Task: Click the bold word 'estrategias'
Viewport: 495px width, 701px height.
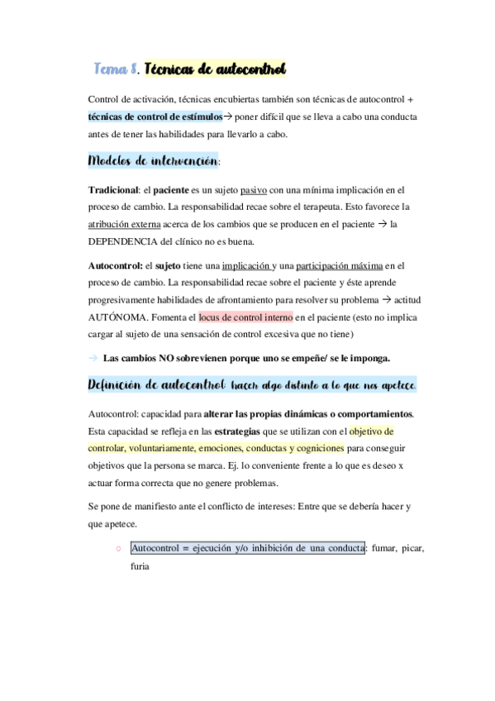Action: pyautogui.click(x=237, y=431)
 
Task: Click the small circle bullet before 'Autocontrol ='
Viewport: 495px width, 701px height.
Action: pyautogui.click(x=119, y=549)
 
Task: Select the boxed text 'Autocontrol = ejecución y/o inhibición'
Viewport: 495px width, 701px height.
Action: pyautogui.click(x=248, y=549)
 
